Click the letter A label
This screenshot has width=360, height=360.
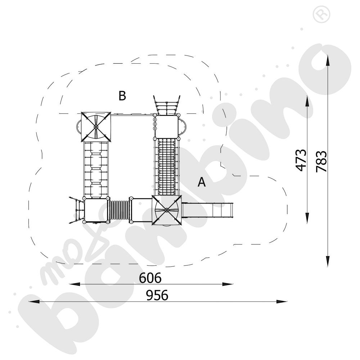coord(202,182)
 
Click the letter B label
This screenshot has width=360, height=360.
coord(122,96)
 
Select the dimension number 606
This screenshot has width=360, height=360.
coord(150,278)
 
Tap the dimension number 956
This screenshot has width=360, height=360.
coord(157,296)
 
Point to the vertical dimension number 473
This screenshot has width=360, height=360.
coord(301,160)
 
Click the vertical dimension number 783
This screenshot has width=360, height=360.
coord(321,161)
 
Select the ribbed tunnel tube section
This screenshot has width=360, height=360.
coord(118,211)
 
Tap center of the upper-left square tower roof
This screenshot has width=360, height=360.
coord(96,127)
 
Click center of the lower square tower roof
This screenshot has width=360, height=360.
coord(167,210)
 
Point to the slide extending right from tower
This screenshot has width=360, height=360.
coord(209,210)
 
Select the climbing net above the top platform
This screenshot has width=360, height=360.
coord(167,105)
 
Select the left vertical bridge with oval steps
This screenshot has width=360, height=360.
coord(96,169)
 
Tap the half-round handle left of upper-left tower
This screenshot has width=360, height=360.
coord(78,127)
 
